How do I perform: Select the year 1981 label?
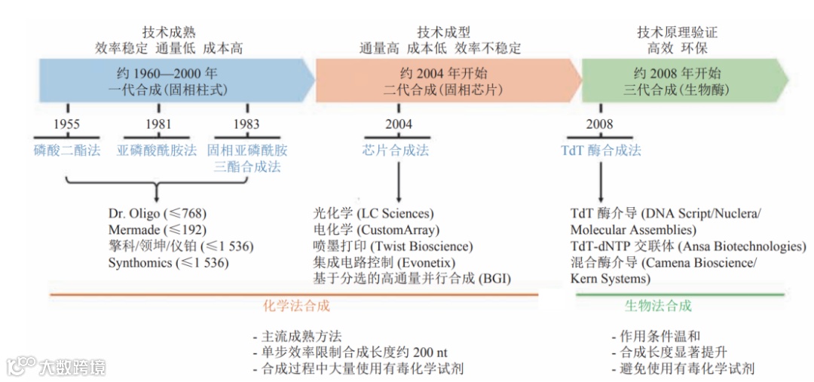click(x=158, y=124)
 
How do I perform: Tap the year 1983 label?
click(x=246, y=124)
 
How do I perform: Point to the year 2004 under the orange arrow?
click(x=399, y=124)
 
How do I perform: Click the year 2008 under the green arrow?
click(x=600, y=124)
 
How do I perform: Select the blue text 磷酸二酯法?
click(x=66, y=150)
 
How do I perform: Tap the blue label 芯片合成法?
click(x=396, y=150)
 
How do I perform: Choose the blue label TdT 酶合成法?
click(x=601, y=150)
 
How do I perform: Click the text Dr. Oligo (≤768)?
click(x=157, y=213)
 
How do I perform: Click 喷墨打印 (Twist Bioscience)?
click(x=393, y=246)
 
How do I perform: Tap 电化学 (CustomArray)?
click(x=376, y=230)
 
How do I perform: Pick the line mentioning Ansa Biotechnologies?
click(x=688, y=246)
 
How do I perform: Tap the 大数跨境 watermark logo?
click(x=57, y=367)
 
